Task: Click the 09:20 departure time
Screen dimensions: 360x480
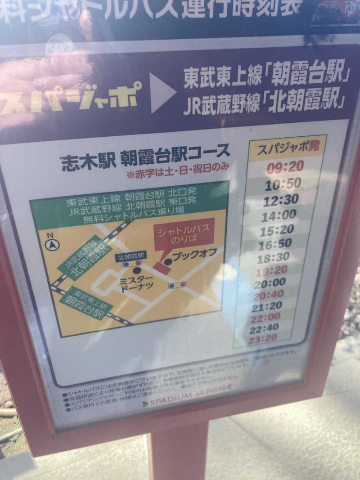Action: pos(285,167)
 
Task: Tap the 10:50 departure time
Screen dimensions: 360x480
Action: pos(283,184)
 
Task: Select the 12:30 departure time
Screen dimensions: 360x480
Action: pos(281,199)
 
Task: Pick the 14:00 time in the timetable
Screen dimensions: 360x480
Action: pos(279,215)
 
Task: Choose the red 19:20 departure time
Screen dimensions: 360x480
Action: pos(271,270)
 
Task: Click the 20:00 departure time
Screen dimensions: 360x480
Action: pos(270,283)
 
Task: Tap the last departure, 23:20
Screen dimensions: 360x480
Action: pos(262,339)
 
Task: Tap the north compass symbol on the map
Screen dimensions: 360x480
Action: pos(52,244)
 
